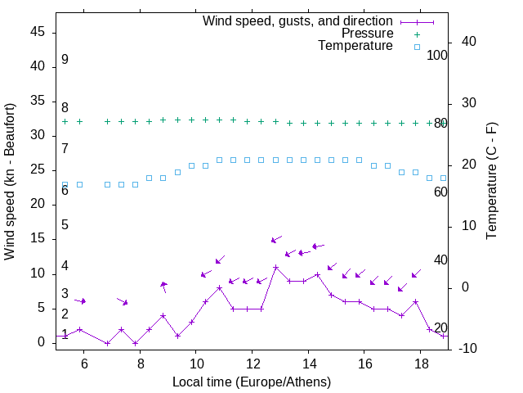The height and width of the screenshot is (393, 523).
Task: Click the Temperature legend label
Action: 355,47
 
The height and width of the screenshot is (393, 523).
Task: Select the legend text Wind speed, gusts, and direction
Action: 297,20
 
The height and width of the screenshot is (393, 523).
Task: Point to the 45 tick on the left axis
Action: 37,33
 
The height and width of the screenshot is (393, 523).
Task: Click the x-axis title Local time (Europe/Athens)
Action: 252,382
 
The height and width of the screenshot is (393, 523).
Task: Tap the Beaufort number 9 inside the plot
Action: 65,60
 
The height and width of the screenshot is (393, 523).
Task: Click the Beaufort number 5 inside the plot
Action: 65,224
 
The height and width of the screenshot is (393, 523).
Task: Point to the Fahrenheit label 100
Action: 437,55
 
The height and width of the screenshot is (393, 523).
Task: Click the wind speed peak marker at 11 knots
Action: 275,268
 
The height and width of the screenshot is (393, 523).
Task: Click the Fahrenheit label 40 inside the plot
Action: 440,260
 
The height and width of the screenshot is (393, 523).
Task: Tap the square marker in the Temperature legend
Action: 417,47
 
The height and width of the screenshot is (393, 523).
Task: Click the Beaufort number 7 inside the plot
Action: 65,148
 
